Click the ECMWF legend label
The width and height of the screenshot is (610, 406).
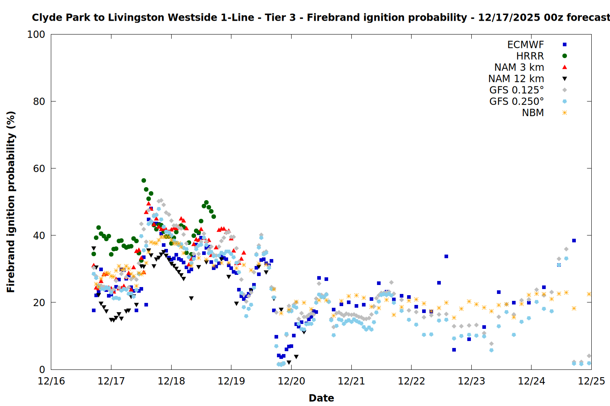pos(525,45)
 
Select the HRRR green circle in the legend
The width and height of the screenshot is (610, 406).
pos(564,56)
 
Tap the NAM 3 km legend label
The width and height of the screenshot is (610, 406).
pos(519,67)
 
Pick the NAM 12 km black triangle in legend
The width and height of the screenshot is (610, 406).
pos(564,79)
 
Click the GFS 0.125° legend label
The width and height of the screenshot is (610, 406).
pos(516,90)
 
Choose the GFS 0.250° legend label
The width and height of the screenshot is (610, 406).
pos(516,101)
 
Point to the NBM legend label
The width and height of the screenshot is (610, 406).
pos(533,113)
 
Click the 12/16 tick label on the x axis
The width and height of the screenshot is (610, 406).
pos(51,381)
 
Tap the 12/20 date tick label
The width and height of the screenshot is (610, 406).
pos(292,381)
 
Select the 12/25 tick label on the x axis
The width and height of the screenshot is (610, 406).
pos(591,381)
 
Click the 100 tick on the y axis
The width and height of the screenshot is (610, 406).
pos(36,35)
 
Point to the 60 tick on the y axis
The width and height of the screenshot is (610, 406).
pos(39,168)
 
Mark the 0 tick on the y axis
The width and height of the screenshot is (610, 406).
pos(42,369)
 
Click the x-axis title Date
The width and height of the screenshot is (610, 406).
pos(321,398)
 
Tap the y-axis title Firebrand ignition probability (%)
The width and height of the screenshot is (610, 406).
pos(11,202)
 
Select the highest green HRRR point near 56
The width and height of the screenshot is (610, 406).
pos(144,180)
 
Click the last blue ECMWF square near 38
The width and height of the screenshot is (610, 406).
pos(574,240)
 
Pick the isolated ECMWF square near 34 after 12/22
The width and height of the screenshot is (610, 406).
pos(446,256)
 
